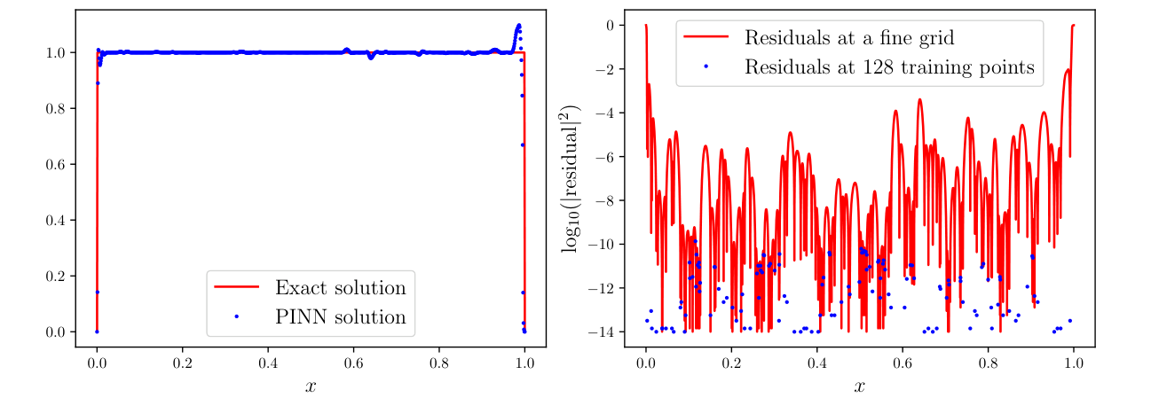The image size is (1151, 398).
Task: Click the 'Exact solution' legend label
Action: coord(340,288)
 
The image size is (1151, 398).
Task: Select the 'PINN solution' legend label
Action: coord(340,317)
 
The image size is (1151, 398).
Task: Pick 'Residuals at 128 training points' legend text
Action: coord(890,66)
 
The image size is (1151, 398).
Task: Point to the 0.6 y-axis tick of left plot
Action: coord(55,164)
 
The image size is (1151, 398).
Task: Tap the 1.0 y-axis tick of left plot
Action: coord(55,52)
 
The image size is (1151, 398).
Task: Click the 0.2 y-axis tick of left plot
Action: coord(55,276)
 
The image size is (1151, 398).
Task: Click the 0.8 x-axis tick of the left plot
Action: coord(439,363)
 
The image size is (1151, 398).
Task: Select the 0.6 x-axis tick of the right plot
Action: coord(903,363)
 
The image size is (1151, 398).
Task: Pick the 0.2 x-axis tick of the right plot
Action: coord(731,363)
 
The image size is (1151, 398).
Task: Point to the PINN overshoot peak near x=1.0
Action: coord(518,26)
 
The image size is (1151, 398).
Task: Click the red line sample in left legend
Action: coord(236,287)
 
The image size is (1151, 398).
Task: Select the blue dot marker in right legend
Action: coord(706,66)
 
